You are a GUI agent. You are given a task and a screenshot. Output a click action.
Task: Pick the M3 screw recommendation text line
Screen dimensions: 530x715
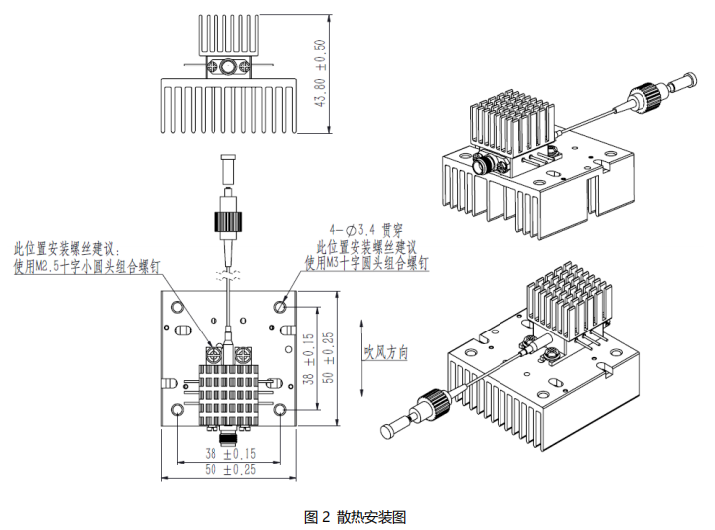coord(367,264)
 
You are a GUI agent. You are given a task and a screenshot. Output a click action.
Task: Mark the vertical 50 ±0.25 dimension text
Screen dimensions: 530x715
coord(329,357)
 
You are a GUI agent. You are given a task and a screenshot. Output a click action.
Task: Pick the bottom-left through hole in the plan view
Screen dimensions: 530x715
coord(177,410)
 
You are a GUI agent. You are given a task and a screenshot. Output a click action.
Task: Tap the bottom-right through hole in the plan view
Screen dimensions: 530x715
coord(281,410)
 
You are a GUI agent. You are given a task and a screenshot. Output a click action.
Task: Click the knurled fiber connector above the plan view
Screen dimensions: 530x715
coord(228,214)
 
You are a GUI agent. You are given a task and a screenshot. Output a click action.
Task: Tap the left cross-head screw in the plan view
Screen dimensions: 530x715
coord(213,350)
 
